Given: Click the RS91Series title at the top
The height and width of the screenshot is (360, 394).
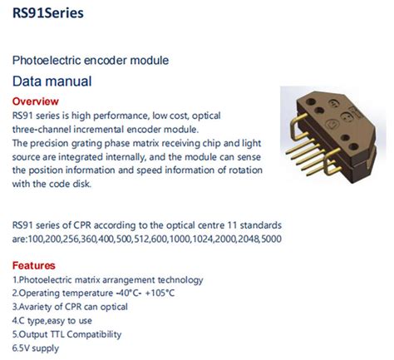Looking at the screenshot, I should pos(47,14).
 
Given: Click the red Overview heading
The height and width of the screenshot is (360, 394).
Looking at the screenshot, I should pos(36,101).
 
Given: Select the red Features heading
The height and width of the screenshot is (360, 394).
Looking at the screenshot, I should pos(34,265).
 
